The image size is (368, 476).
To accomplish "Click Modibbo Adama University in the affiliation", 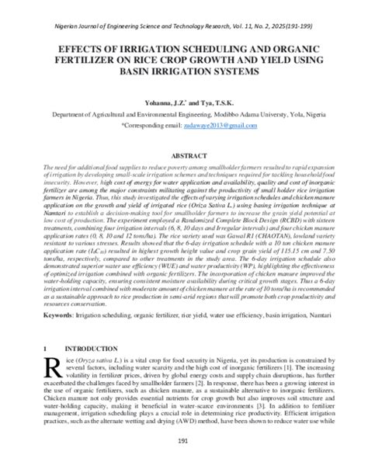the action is coord(228,113).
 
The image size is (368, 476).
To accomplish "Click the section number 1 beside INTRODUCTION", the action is coord(47,348).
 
